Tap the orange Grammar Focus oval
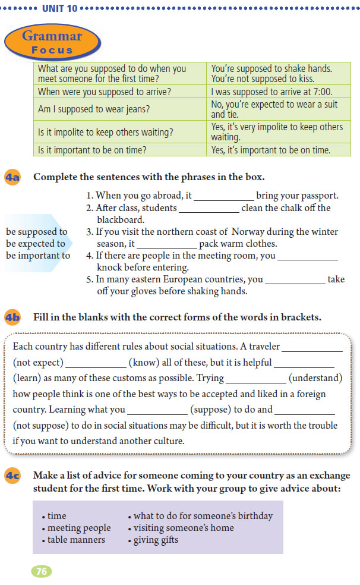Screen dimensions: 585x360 tap(52, 42)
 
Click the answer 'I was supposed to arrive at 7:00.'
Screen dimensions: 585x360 tap(271, 92)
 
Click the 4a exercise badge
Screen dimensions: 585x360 tap(12, 177)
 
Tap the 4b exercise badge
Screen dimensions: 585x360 tap(12, 317)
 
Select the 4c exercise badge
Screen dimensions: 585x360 tap(12, 476)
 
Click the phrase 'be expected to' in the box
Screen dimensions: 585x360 tap(36, 244)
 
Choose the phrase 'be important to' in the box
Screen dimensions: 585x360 tap(38, 256)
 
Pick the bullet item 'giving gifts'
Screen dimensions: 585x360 tap(156, 540)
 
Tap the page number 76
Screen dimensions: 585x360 tap(42, 571)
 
